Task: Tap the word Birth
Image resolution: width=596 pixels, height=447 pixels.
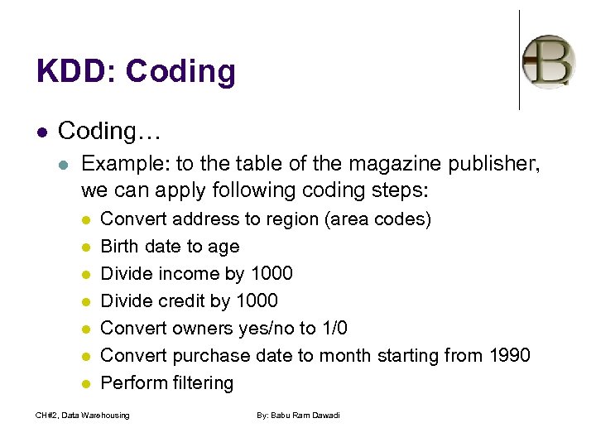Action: pos(121,247)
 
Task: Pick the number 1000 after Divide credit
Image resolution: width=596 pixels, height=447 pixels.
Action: pos(256,301)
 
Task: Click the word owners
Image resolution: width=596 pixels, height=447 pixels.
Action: pos(204,329)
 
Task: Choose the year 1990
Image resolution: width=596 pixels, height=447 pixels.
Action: pos(507,356)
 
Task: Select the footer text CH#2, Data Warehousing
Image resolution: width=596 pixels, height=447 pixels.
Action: pos(83,415)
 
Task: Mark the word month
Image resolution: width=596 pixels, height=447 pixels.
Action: pos(329,356)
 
